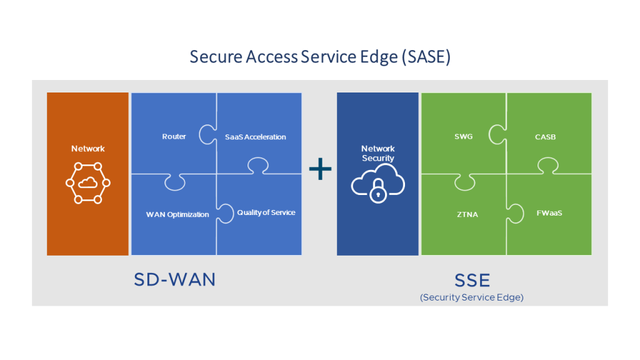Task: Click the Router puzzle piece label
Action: [x=174, y=136]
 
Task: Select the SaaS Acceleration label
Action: [x=255, y=137]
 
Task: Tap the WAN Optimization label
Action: [x=177, y=214]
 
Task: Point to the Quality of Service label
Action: [x=266, y=212]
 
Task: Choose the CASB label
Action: [x=545, y=136]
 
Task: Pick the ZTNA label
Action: [x=467, y=214]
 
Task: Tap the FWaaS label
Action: [x=549, y=212]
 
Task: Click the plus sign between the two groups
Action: [x=320, y=169]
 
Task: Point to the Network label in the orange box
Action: [x=88, y=149]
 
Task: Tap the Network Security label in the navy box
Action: [x=378, y=153]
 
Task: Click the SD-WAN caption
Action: [x=174, y=279]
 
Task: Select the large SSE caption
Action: [x=472, y=279]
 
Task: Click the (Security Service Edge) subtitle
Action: [x=472, y=297]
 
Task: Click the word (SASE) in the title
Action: [x=426, y=57]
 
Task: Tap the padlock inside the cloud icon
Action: [x=377, y=193]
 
